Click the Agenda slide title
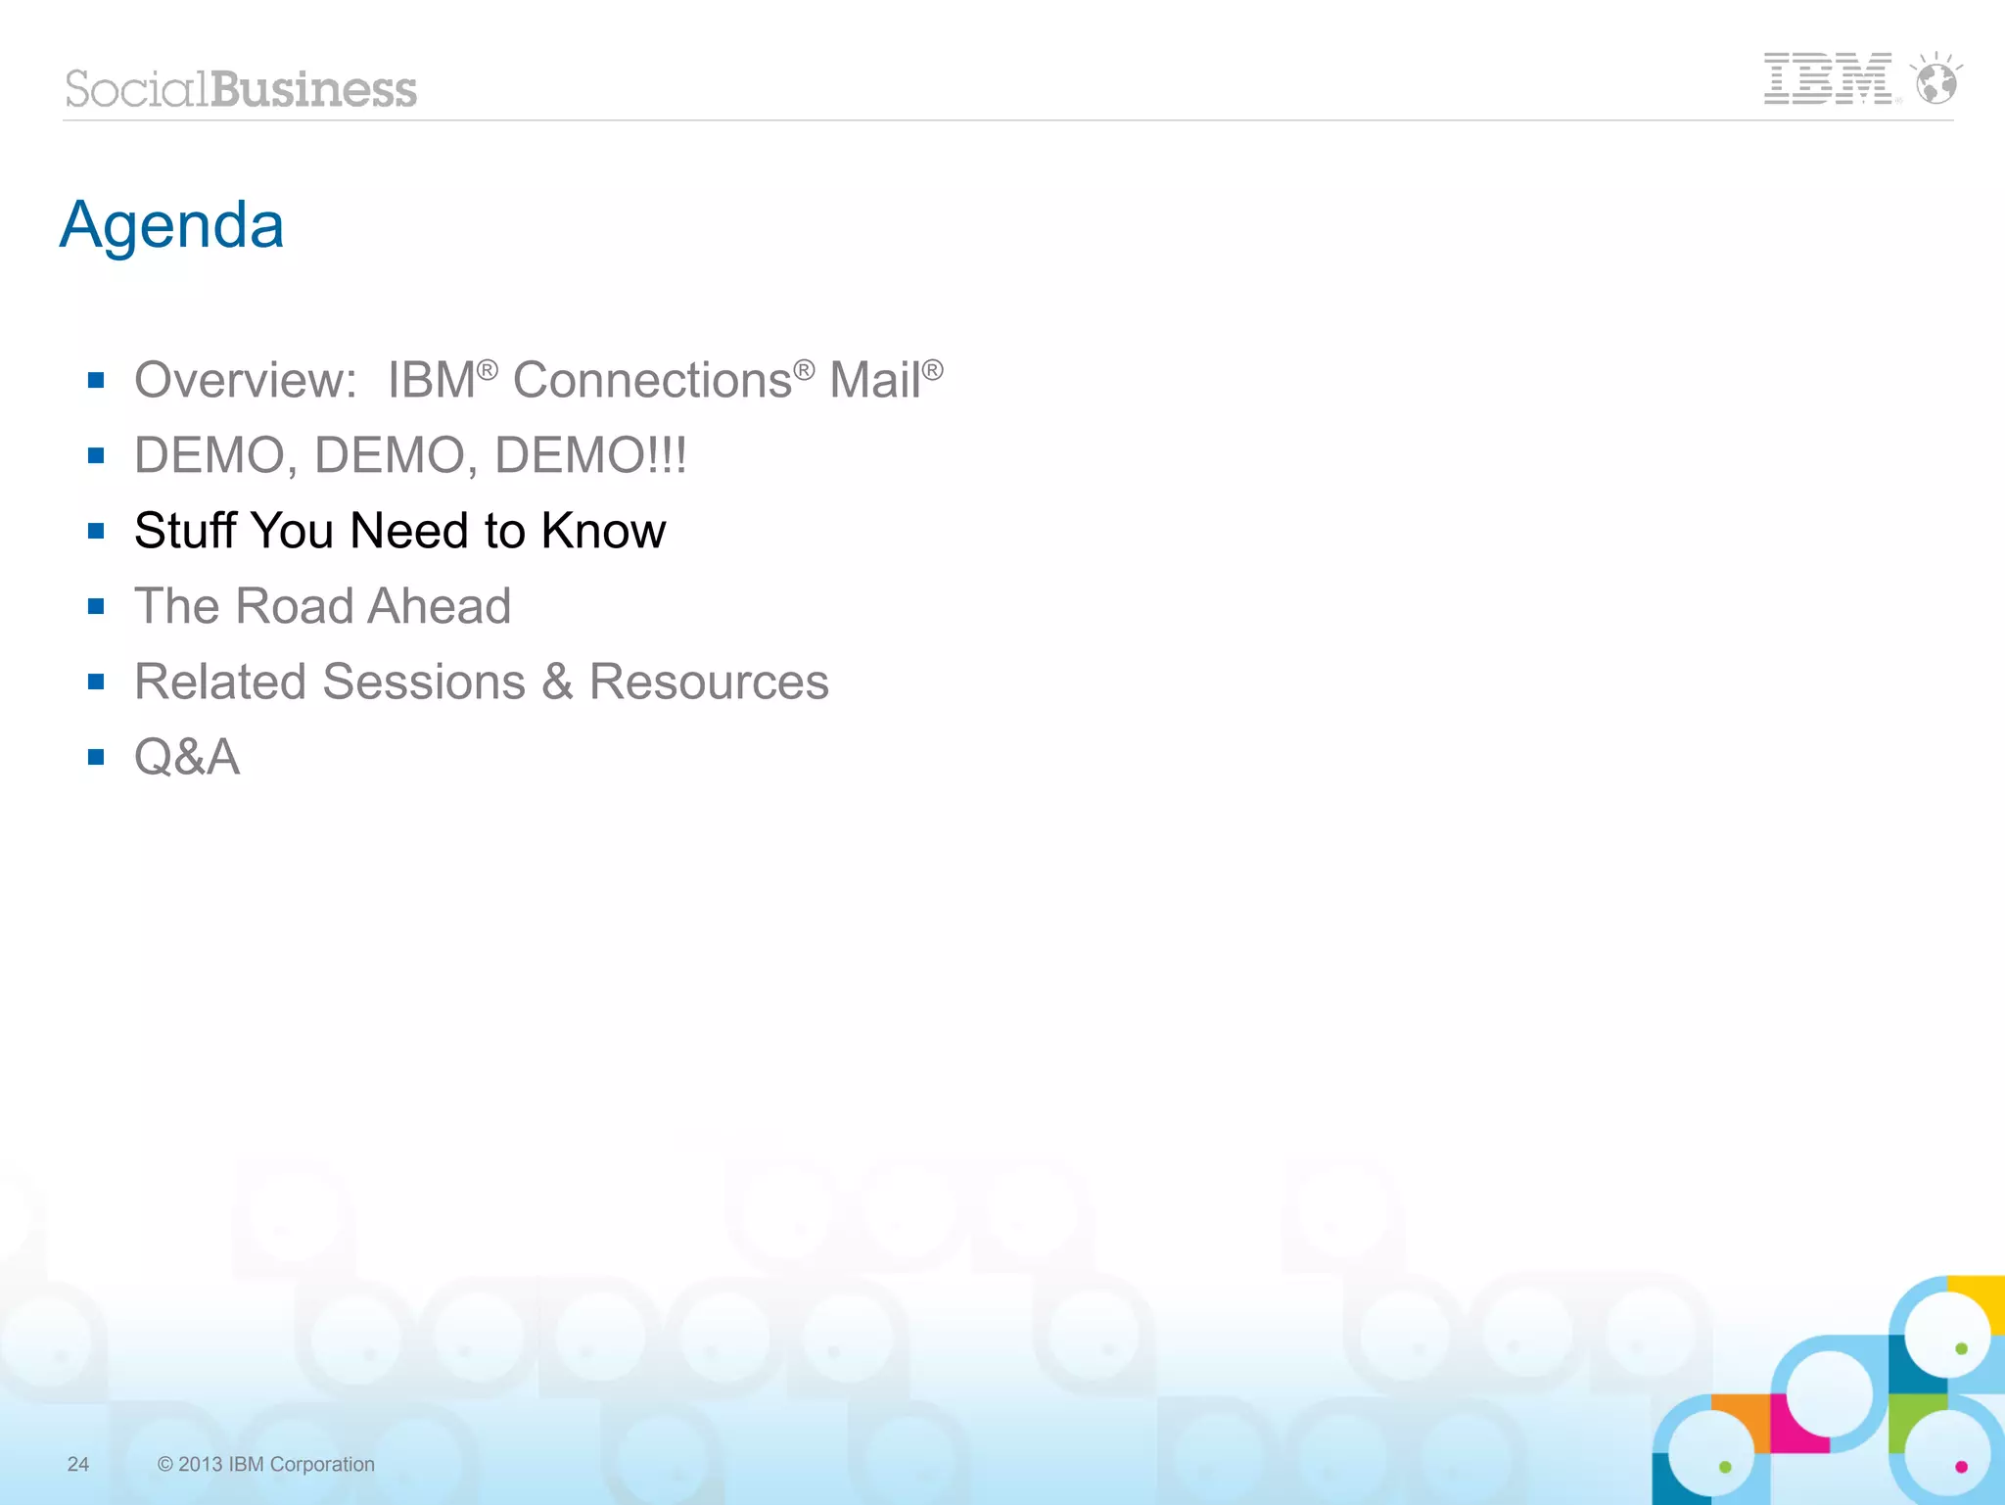[x=172, y=225]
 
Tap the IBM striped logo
[x=1827, y=78]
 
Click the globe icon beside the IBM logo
[x=1936, y=80]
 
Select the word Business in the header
[x=313, y=89]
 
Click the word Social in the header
[x=136, y=89]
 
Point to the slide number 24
[x=78, y=1464]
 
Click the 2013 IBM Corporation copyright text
[x=265, y=1464]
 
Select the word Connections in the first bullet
[x=652, y=380]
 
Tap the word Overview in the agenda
[x=245, y=380]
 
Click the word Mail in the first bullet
[x=874, y=380]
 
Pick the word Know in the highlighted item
[x=603, y=531]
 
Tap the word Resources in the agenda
[x=709, y=682]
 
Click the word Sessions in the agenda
[x=424, y=682]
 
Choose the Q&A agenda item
[x=187, y=757]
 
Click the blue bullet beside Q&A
[x=96, y=757]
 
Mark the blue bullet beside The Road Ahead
[x=96, y=606]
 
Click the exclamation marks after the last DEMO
[x=668, y=455]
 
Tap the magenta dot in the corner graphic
[x=1961, y=1466]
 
